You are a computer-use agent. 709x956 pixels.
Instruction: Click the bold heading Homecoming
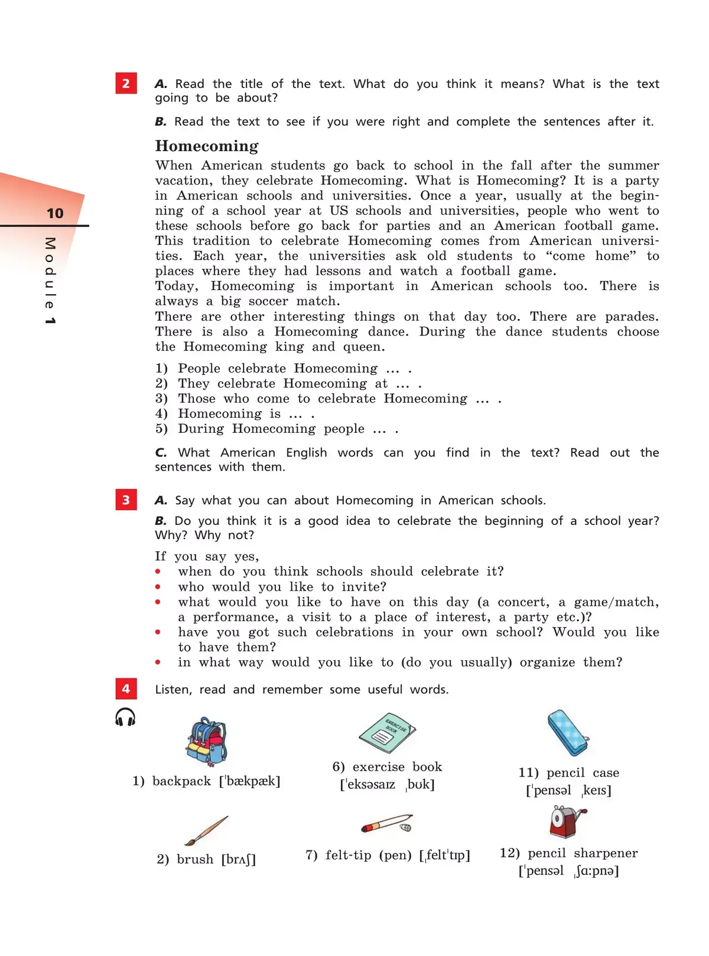[207, 146]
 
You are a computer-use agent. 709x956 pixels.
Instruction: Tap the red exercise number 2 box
[126, 83]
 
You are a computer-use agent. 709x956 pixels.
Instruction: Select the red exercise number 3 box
[126, 500]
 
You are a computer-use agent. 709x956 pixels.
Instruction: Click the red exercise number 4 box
[126, 689]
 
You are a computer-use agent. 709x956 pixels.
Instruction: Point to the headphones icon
[125, 717]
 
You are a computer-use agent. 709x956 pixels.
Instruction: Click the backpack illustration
[206, 741]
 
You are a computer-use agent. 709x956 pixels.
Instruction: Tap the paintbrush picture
[206, 830]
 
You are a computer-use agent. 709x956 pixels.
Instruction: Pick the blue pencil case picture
[568, 733]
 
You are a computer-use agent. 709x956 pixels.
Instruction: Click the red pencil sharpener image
[567, 821]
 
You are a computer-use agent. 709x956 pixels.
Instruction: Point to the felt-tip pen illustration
[387, 823]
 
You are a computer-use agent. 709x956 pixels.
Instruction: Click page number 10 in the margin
[55, 213]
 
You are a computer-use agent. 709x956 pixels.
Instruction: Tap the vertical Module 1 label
[50, 281]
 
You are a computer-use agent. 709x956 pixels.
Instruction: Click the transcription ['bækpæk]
[249, 781]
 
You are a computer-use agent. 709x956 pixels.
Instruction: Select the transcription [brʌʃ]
[239, 859]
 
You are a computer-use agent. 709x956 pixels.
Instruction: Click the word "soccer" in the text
[268, 301]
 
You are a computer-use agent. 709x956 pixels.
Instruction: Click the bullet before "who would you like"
[158, 587]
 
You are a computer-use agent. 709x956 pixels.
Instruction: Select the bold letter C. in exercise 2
[161, 453]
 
